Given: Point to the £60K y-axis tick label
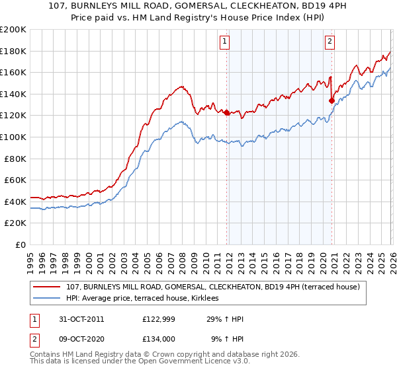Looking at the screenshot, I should click(x=15, y=180).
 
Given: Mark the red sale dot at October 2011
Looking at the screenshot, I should click(x=226, y=112).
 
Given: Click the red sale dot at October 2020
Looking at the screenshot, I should click(x=331, y=100).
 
